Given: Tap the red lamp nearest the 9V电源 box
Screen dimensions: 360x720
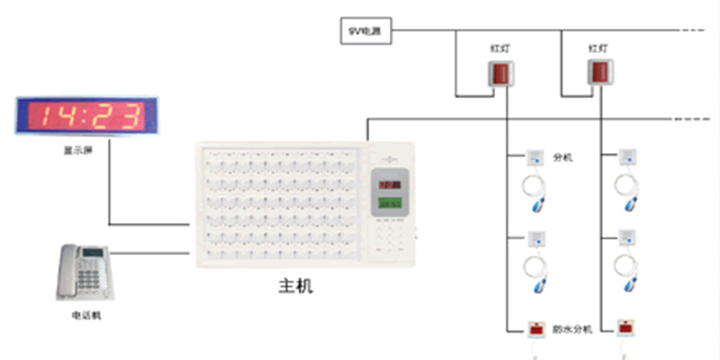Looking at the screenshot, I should pyautogui.click(x=499, y=75).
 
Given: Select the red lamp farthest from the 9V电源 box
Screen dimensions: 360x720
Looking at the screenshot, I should pyautogui.click(x=600, y=75).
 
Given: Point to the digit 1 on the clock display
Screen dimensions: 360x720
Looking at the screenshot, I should pyautogui.click(x=40, y=116).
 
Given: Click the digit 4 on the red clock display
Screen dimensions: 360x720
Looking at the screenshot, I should pyautogui.click(x=65, y=116).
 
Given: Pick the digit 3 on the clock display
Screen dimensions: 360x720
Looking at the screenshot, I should pyautogui.click(x=130, y=116).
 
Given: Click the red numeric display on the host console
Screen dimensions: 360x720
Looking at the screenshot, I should pyautogui.click(x=391, y=184).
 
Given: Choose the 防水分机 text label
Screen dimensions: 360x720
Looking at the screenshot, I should pyautogui.click(x=572, y=329).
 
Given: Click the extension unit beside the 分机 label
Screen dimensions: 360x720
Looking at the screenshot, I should pyautogui.click(x=535, y=158).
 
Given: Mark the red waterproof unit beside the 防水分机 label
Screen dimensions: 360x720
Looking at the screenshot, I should pyautogui.click(x=535, y=328).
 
